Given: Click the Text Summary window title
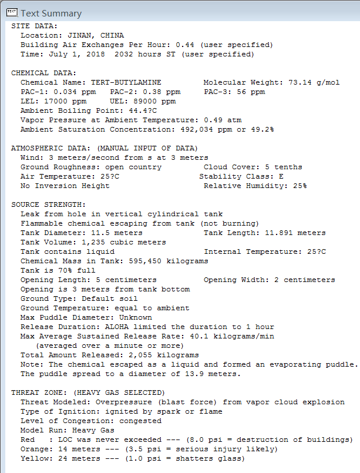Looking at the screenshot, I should tap(51, 13).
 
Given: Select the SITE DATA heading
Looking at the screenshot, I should tap(34, 26).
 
